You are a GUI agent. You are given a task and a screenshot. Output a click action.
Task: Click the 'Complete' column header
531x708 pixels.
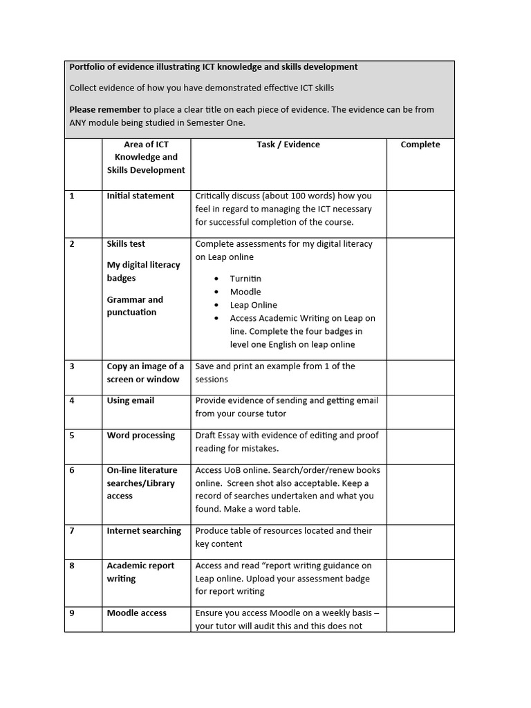click(420, 145)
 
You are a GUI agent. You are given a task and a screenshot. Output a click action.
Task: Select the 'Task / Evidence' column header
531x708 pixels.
click(288, 145)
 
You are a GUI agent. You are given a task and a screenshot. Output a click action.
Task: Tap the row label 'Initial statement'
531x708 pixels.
click(140, 196)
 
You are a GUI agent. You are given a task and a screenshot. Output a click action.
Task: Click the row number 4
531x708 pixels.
click(72, 400)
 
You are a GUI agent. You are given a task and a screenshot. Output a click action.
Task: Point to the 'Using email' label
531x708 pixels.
click(131, 400)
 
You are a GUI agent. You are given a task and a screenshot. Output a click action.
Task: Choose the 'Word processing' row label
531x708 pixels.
click(141, 436)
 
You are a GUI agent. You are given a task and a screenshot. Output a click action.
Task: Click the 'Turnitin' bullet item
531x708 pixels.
click(245, 279)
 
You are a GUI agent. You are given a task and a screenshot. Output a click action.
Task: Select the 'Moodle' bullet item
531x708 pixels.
click(245, 292)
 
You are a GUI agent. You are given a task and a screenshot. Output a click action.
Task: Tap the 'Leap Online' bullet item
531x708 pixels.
click(254, 305)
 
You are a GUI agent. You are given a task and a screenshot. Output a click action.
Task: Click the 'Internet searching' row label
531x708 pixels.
click(144, 531)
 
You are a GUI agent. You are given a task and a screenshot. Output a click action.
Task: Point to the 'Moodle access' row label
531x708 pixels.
click(137, 613)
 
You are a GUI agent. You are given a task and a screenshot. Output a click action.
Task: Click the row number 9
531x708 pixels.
click(72, 613)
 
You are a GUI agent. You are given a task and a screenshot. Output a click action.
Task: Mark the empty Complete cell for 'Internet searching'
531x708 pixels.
click(420, 538)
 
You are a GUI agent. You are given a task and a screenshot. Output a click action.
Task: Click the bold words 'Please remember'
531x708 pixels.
click(104, 109)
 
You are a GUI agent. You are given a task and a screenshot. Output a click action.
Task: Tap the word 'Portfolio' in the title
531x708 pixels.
click(87, 67)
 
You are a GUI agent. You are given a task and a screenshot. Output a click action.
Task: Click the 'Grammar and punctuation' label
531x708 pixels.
click(135, 306)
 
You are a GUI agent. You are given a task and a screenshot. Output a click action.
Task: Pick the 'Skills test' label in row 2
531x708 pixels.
click(126, 244)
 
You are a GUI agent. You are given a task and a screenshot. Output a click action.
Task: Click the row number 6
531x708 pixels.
click(72, 470)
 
